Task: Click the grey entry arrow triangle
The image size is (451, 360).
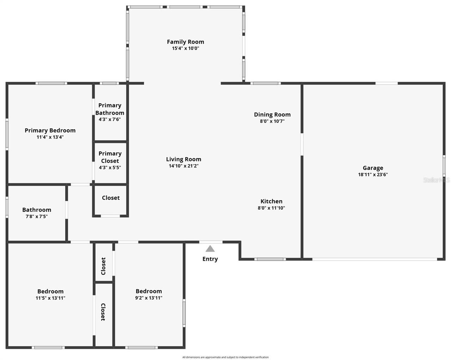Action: (210, 249)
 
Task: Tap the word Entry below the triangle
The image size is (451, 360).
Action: (210, 259)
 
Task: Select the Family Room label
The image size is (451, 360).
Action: (185, 42)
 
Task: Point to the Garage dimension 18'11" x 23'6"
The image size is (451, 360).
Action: (373, 174)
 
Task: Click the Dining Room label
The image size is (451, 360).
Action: (272, 114)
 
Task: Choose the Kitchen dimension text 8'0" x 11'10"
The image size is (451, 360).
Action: (271, 208)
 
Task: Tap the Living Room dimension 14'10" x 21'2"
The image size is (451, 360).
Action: (184, 166)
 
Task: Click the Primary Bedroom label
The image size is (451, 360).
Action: (50, 130)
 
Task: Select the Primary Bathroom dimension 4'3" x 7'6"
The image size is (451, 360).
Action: (110, 119)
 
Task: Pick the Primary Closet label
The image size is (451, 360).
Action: (110, 157)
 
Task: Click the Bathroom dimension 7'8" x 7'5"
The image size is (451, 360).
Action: (37, 216)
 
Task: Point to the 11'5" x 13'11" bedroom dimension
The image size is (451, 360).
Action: (50, 298)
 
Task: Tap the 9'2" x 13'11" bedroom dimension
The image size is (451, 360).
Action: (149, 298)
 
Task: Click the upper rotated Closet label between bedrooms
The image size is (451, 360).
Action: (104, 266)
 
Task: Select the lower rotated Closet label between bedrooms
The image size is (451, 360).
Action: (104, 312)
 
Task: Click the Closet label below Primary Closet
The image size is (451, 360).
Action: (111, 198)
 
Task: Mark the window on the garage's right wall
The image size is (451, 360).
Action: (444, 166)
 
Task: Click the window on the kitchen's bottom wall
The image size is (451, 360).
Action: (270, 259)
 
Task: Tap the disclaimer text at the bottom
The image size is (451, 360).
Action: (225, 357)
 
